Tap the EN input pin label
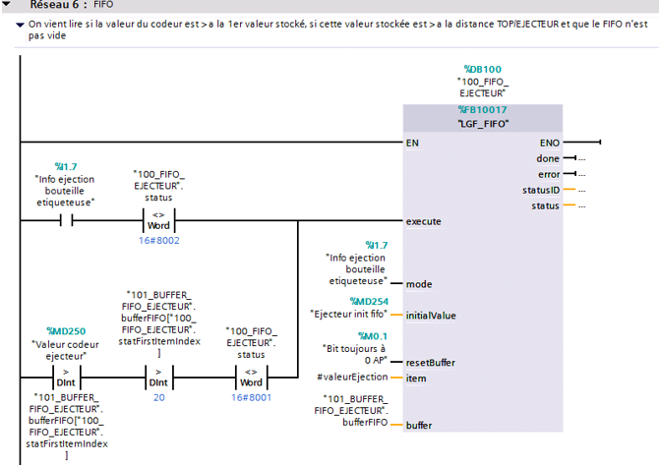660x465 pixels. pyautogui.click(x=413, y=143)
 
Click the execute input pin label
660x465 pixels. pyautogui.click(x=424, y=221)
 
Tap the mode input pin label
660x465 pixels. pyautogui.click(x=419, y=283)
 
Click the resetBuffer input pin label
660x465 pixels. pyautogui.click(x=431, y=362)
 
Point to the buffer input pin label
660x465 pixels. pyautogui.click(x=420, y=425)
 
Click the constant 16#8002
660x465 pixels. pyautogui.click(x=158, y=240)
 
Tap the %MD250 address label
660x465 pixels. pyautogui.click(x=66, y=331)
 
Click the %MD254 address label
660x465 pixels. pyautogui.click(x=369, y=301)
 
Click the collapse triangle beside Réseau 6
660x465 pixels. pyautogui.click(x=8, y=6)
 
